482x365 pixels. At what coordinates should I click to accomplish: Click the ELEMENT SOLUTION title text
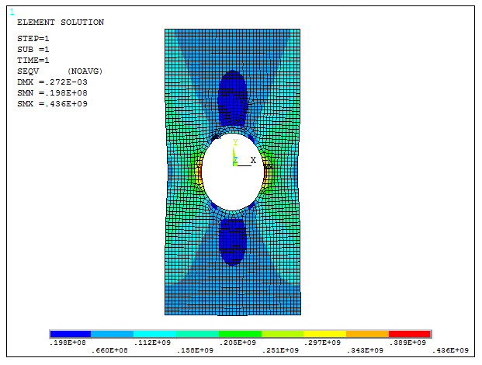(x=60, y=23)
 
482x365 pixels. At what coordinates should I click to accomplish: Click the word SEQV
(x=28, y=71)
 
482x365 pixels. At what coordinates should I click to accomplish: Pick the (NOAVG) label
(x=85, y=71)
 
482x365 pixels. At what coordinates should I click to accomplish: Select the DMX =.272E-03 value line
(x=51, y=82)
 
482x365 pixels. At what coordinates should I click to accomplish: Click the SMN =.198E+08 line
(x=51, y=92)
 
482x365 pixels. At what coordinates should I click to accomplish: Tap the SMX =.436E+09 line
(x=51, y=103)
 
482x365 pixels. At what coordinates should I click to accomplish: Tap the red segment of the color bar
(x=409, y=333)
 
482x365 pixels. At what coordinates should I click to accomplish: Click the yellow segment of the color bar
(x=324, y=333)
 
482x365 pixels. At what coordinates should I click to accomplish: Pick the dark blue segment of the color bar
(x=70, y=333)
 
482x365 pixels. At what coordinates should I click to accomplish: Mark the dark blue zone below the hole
(x=232, y=241)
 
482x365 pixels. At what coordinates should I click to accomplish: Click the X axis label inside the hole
(x=253, y=160)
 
